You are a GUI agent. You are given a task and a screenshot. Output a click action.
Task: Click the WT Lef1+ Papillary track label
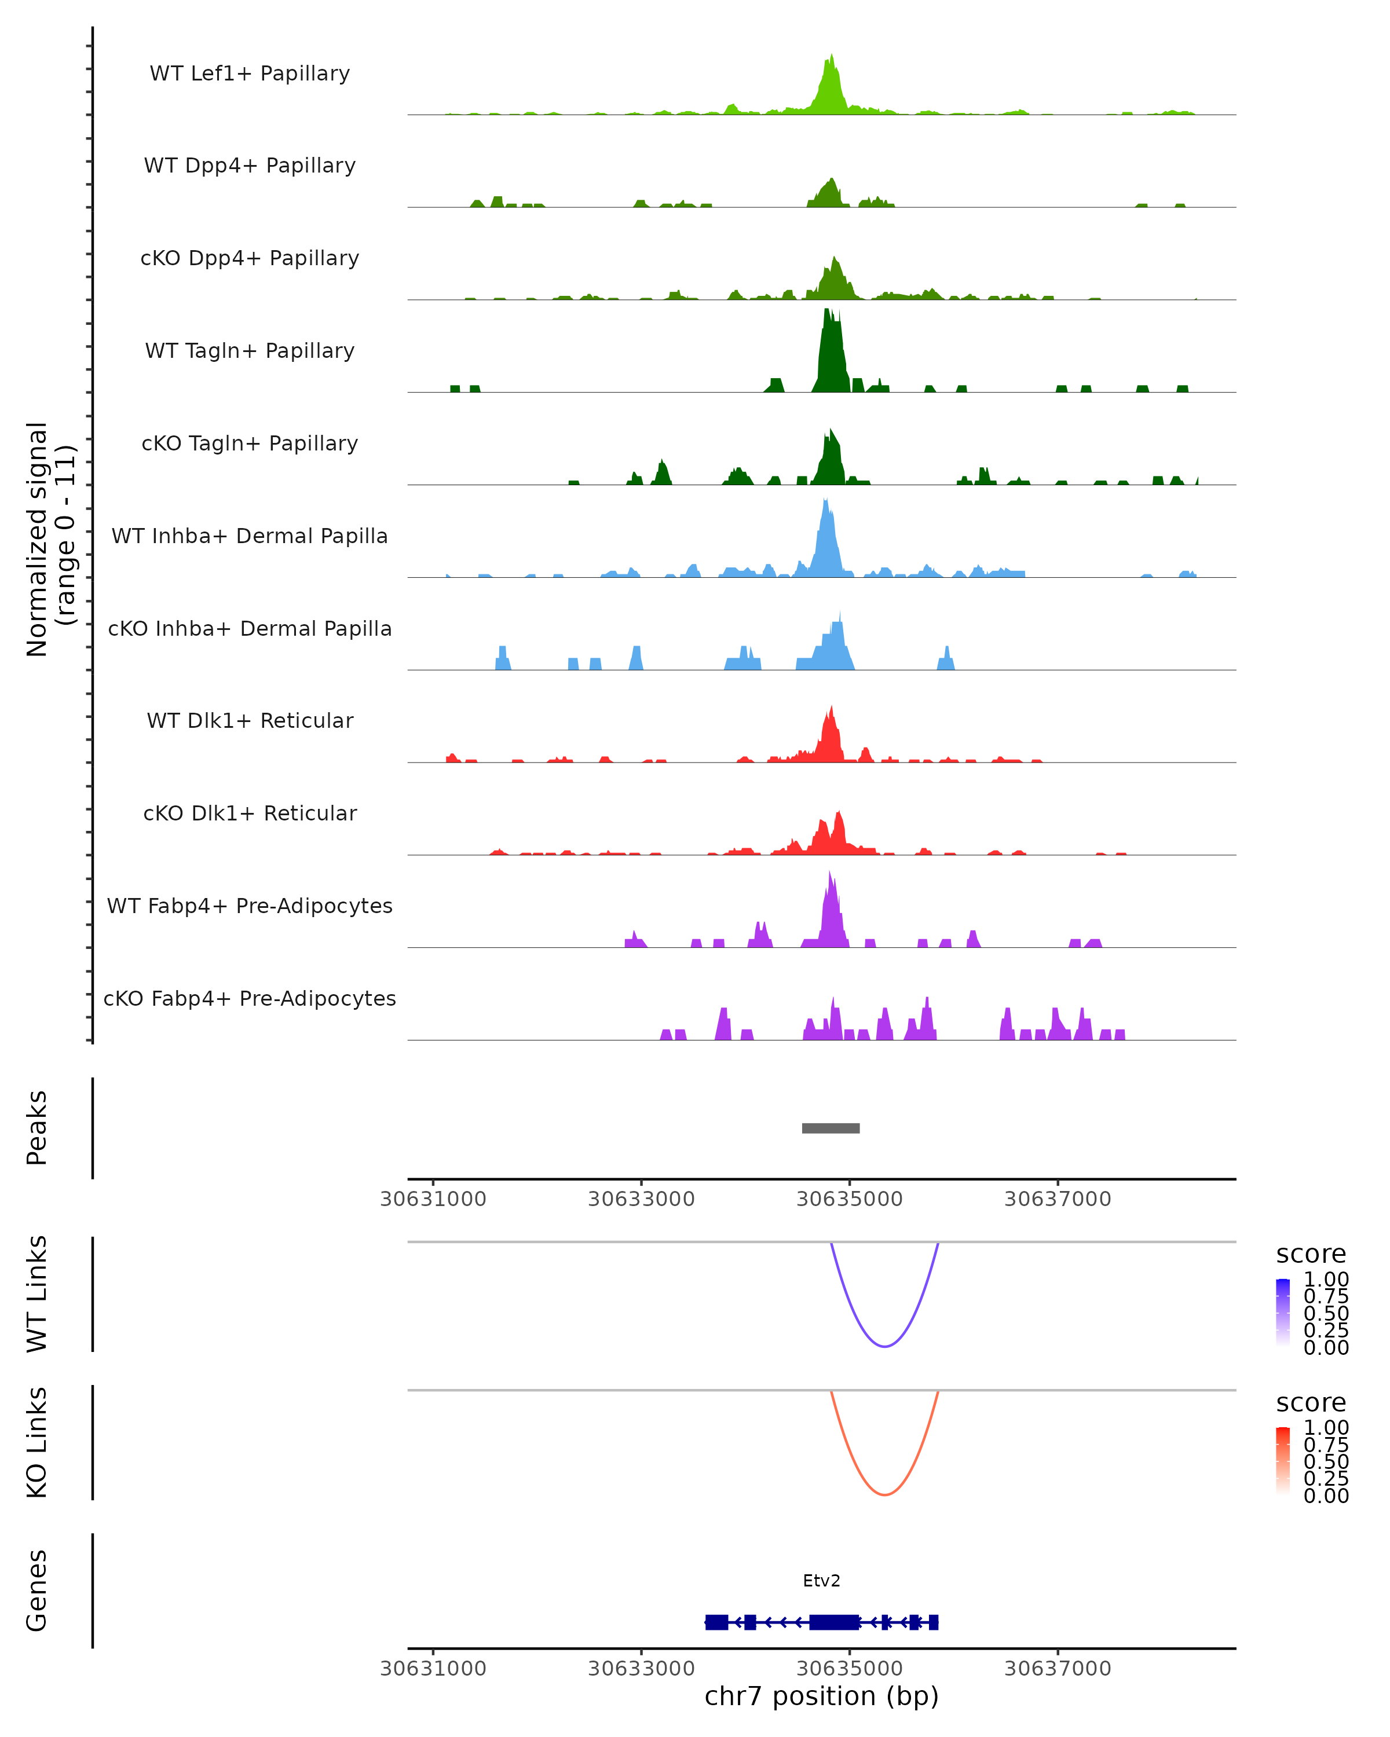tap(250, 74)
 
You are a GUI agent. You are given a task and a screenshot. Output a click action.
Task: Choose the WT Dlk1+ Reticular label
tap(250, 720)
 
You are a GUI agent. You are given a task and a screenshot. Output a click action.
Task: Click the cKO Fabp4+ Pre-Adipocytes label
tap(250, 998)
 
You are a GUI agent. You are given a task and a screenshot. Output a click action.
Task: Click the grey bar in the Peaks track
tap(831, 1128)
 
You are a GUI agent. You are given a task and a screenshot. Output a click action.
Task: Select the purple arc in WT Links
tap(885, 1346)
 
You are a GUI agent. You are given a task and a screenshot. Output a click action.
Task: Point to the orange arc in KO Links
tap(885, 1494)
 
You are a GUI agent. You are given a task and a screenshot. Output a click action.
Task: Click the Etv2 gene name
tap(821, 1581)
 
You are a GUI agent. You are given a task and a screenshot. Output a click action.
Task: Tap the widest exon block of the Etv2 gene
tap(834, 1622)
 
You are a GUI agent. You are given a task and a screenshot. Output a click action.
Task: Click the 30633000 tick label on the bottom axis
tap(641, 1668)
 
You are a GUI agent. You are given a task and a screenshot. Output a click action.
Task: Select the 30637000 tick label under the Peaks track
tap(1057, 1199)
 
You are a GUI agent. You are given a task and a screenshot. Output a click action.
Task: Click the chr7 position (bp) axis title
tap(821, 1696)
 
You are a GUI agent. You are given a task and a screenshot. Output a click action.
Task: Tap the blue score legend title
tap(1310, 1254)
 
